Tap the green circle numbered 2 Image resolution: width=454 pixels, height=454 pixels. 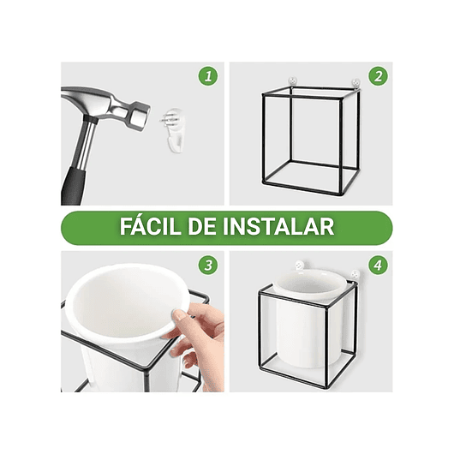pos(378,76)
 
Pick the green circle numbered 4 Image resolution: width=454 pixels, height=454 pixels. pos(378,265)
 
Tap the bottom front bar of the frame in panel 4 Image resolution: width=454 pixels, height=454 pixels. pos(304,387)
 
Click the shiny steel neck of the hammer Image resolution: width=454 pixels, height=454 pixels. pos(86,141)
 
